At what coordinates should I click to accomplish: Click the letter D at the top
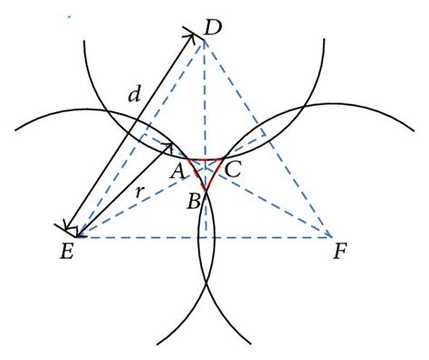coord(214,29)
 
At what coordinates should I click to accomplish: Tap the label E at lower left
coord(66,253)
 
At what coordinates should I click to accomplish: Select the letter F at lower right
coord(340,252)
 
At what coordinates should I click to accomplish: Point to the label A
coord(177,170)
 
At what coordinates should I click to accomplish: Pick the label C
coord(234,169)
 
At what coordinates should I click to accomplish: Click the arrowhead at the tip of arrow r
coord(171,145)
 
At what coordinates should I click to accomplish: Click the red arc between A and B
coord(195,175)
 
